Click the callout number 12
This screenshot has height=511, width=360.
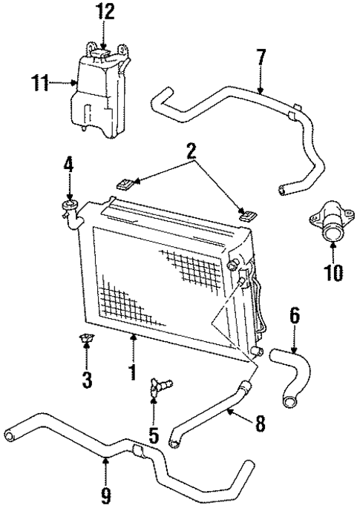click(x=105, y=13)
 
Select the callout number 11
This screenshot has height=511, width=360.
click(x=39, y=84)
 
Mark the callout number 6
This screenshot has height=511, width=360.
click(x=294, y=314)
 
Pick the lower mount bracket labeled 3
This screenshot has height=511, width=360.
click(x=86, y=340)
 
